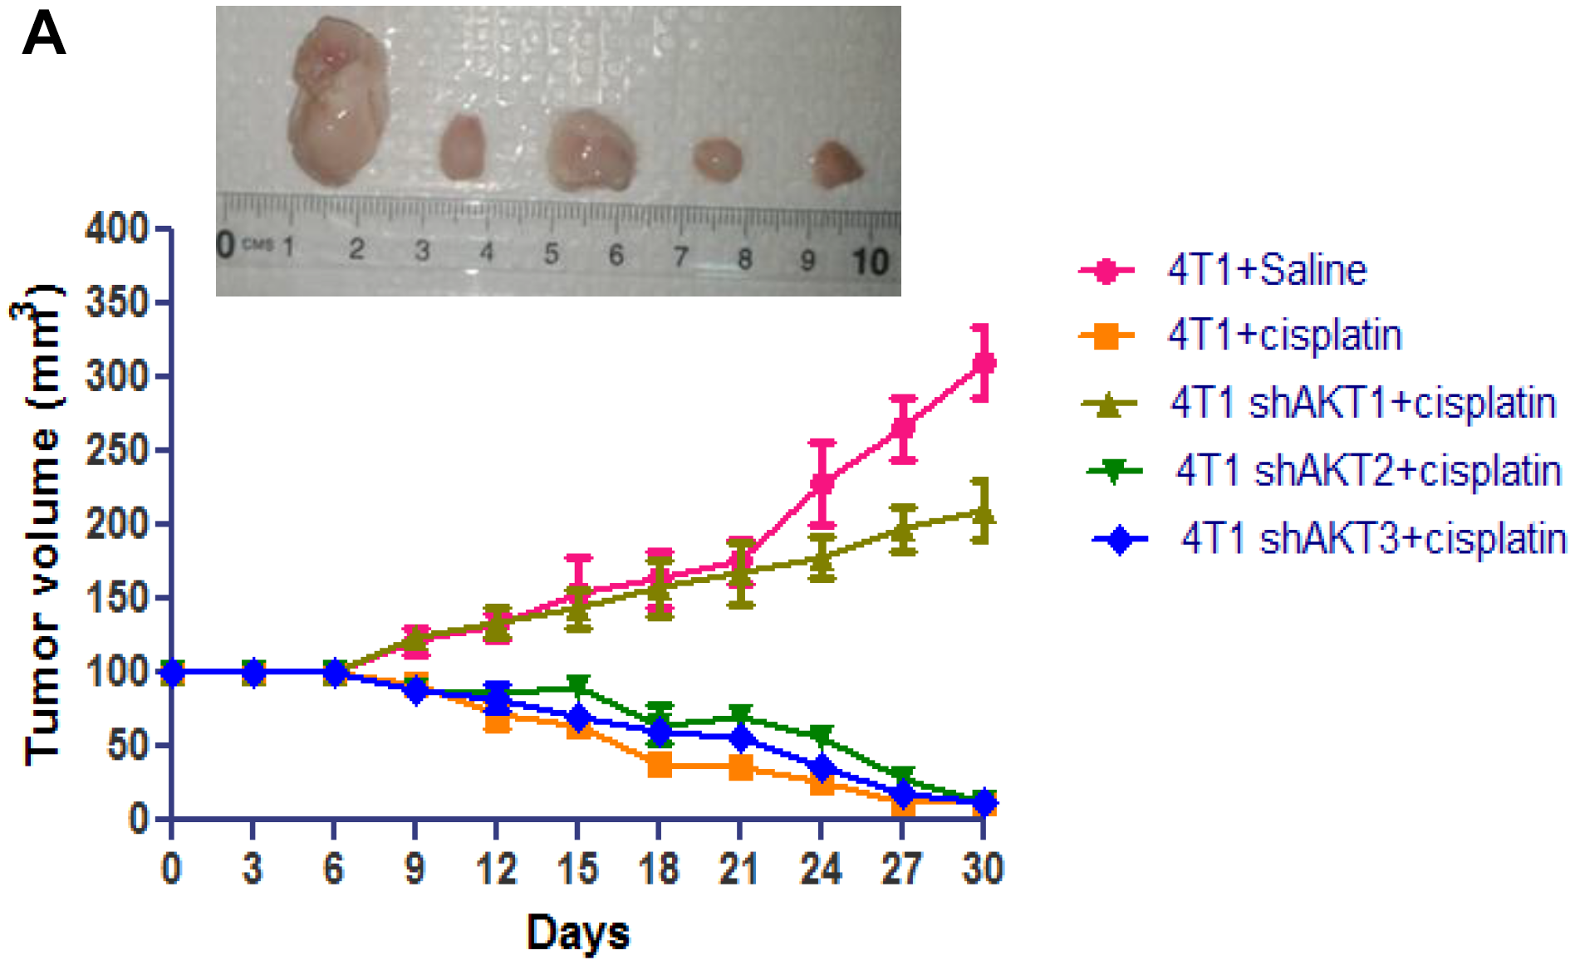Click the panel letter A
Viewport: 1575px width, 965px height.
[x=43, y=35]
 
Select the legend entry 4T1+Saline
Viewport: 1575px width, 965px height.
[x=1266, y=271]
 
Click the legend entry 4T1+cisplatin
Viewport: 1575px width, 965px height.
[x=1284, y=336]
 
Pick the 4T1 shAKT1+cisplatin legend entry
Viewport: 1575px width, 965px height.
[x=1362, y=404]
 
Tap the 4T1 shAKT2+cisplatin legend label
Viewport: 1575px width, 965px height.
[x=1368, y=471]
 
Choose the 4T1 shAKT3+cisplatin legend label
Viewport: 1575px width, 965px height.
[x=1373, y=539]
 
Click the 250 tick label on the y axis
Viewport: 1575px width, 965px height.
[x=116, y=450]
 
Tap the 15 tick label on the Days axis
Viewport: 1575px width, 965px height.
[x=577, y=869]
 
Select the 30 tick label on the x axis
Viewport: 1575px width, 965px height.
[x=983, y=869]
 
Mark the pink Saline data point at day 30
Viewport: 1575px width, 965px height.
[x=984, y=363]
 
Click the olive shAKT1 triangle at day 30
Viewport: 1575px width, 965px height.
[x=983, y=514]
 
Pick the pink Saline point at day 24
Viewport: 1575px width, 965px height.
[x=822, y=483]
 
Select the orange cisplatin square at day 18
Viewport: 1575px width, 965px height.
[x=659, y=765]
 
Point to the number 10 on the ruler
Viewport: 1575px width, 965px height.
[x=870, y=262]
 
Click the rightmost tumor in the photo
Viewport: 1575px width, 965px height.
[x=836, y=164]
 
